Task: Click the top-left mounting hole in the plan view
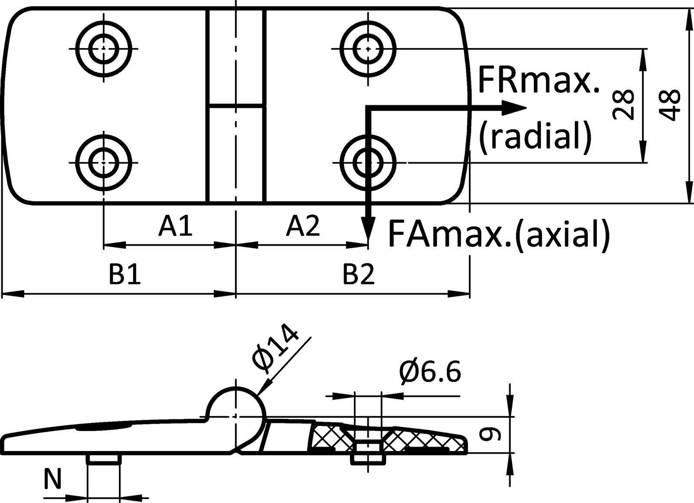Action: (x=104, y=48)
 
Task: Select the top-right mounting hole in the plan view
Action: (x=368, y=48)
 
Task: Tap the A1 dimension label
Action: (x=175, y=226)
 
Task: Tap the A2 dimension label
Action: (x=303, y=226)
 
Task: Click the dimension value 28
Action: (x=623, y=105)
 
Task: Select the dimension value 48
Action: (x=668, y=105)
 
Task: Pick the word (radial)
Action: (x=535, y=135)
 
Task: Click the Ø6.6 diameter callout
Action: (x=429, y=372)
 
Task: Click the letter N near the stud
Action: (x=53, y=480)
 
